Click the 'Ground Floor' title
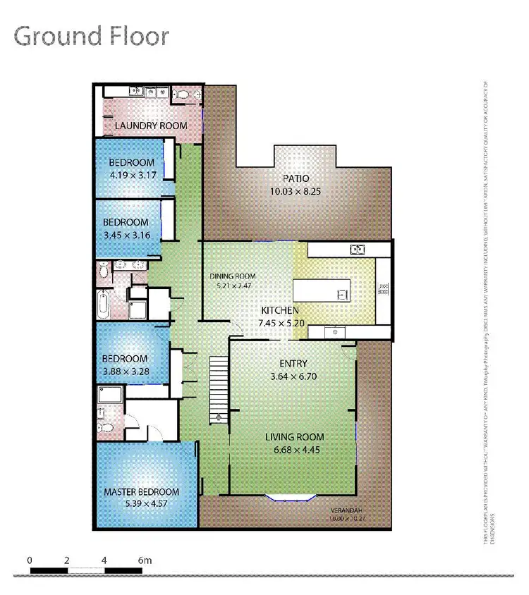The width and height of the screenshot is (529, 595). (x=92, y=35)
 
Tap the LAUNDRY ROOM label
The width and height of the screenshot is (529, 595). (x=151, y=125)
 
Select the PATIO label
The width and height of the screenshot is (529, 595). (x=296, y=178)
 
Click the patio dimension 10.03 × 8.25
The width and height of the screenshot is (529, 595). (x=296, y=192)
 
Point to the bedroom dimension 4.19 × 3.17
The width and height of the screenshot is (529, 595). (x=131, y=175)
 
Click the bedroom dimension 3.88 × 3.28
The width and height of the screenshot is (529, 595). (x=124, y=371)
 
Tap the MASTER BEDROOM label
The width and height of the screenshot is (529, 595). (x=141, y=491)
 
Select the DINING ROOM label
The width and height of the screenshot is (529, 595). (x=233, y=276)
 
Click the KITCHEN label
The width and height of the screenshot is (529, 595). (x=280, y=310)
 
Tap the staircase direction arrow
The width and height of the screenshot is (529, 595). (x=219, y=417)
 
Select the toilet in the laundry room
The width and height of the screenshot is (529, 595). (x=182, y=93)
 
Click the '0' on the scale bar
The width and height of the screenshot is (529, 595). (x=30, y=560)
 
